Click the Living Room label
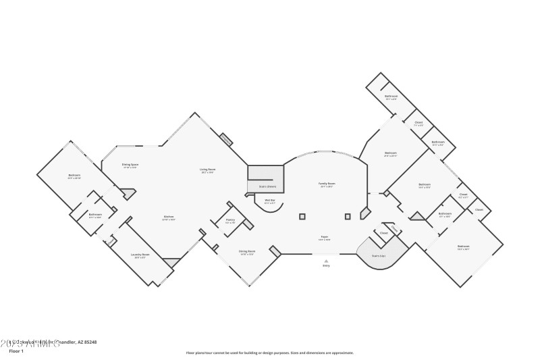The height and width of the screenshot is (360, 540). (207, 170)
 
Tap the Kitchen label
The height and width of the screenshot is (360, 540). (169, 217)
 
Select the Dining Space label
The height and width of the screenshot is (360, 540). (130, 165)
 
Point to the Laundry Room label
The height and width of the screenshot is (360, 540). (141, 255)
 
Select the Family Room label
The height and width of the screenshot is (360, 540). (327, 184)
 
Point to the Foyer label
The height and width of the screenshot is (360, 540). (324, 238)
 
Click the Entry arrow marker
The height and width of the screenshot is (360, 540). (326, 261)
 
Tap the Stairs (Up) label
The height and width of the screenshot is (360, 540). (379, 256)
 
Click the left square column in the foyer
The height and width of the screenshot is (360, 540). (302, 217)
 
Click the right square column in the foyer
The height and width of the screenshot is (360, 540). (348, 217)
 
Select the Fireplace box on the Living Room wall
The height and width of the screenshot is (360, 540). (227, 140)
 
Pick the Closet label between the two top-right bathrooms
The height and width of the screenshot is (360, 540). (418, 124)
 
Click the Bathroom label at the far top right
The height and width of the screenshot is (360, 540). (391, 97)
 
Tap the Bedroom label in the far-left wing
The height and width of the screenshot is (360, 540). (74, 176)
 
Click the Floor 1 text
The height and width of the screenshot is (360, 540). (16, 351)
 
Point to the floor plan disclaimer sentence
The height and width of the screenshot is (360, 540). (269, 353)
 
